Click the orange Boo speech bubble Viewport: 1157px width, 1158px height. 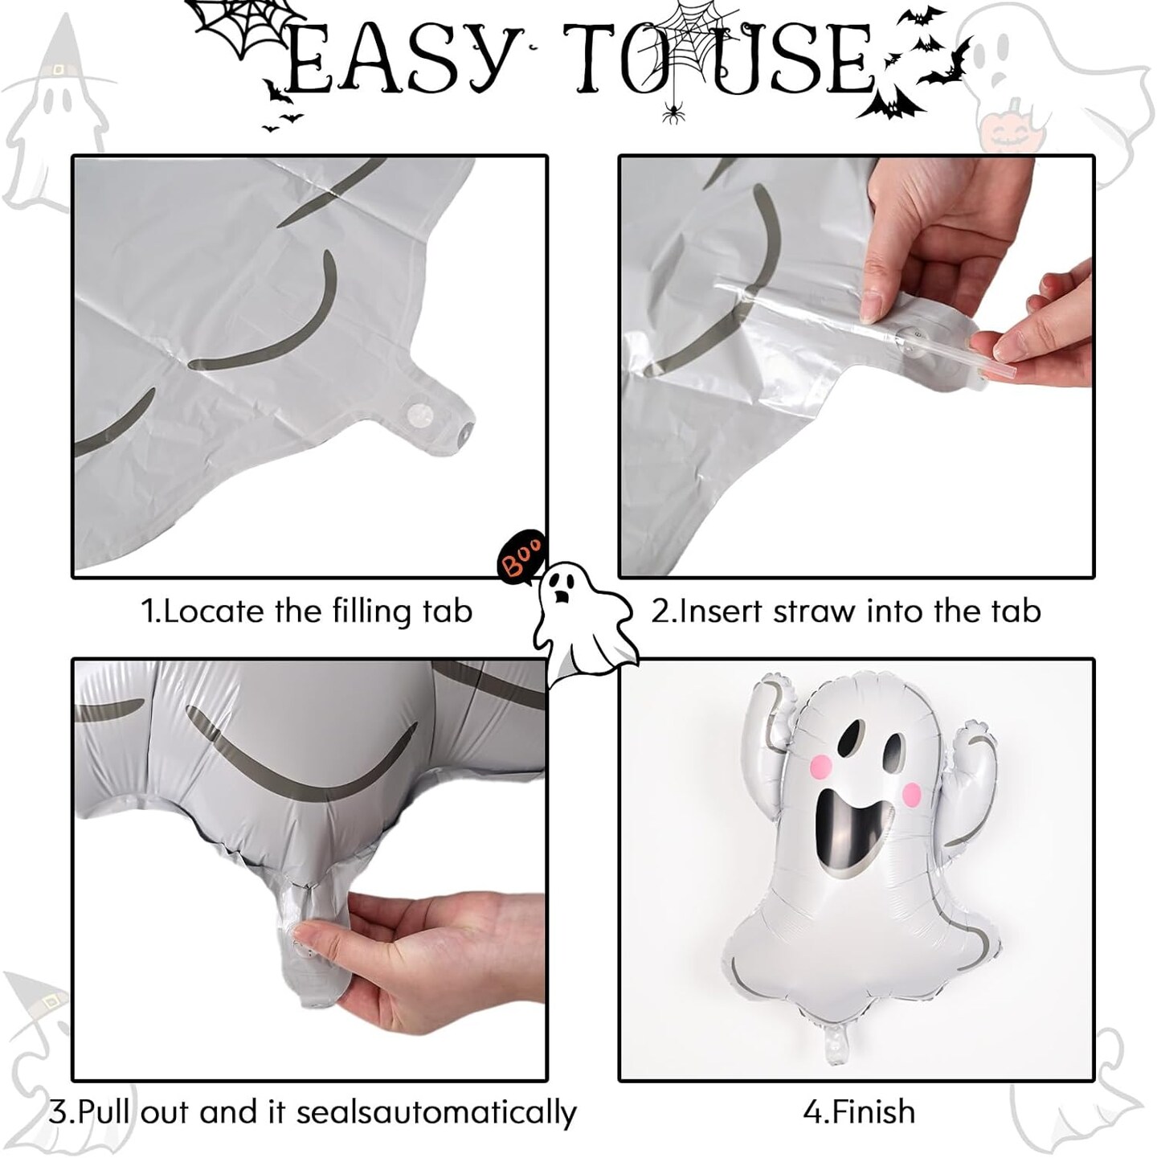click(x=521, y=555)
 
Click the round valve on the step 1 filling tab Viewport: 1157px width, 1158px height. click(x=418, y=413)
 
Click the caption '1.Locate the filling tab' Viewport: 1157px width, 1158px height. click(x=307, y=612)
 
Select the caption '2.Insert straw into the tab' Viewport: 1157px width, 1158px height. click(x=846, y=612)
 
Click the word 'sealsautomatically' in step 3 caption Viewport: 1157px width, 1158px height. click(x=436, y=1096)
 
